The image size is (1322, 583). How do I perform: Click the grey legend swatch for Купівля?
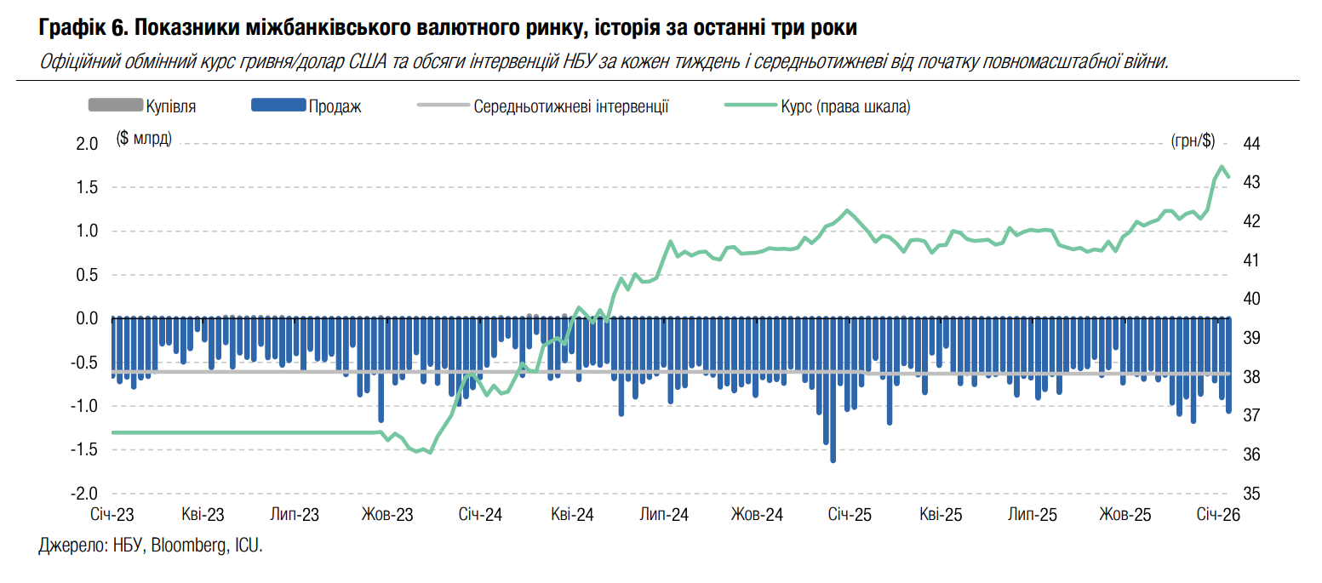click(115, 106)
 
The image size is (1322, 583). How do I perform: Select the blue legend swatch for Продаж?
click(278, 106)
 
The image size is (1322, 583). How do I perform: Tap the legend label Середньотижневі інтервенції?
click(570, 106)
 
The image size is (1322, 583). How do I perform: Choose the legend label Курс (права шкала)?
click(846, 106)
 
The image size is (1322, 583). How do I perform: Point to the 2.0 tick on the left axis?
click(88, 144)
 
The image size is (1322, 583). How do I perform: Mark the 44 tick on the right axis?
click(1251, 144)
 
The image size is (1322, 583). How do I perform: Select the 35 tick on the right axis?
click(1251, 494)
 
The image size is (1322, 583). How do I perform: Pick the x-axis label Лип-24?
click(664, 515)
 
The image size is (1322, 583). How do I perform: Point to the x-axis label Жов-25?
click(1125, 515)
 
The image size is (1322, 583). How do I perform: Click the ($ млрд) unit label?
click(144, 138)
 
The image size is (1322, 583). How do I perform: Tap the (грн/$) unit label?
click(1193, 140)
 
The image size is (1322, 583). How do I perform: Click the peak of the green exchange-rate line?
click(1222, 167)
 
